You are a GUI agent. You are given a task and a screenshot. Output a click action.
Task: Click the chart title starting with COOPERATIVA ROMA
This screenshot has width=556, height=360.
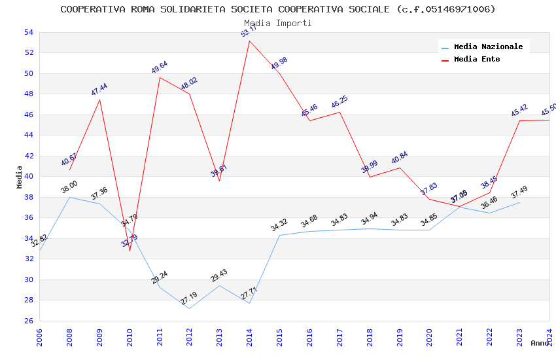[x=278, y=9]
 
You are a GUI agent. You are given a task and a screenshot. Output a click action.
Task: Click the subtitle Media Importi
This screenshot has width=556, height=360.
[x=278, y=23]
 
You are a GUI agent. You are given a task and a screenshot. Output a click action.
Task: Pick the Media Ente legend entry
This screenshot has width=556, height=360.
[x=477, y=59]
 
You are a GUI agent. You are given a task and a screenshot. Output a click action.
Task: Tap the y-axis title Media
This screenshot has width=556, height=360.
[x=20, y=177]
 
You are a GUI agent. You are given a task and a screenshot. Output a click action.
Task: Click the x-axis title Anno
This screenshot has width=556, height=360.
[x=540, y=343]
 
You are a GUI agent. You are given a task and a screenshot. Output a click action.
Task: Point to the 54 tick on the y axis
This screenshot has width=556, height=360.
[x=28, y=32]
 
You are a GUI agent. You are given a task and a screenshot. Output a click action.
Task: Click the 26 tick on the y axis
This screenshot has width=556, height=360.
[x=28, y=321]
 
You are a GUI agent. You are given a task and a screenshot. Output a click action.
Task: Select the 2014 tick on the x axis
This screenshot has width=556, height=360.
[x=250, y=335]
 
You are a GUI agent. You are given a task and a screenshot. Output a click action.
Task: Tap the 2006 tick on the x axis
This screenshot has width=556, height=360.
[x=40, y=335]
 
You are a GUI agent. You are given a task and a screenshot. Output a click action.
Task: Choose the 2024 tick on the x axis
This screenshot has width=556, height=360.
[x=549, y=335]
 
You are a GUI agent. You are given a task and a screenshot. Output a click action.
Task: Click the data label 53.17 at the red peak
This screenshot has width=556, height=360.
[x=249, y=31]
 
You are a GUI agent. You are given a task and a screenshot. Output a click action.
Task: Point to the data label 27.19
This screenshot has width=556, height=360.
[x=189, y=298]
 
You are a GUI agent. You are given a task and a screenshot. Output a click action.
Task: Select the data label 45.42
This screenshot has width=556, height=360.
[x=519, y=111]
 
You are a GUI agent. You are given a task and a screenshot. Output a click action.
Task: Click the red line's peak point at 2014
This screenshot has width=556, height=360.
[x=249, y=41]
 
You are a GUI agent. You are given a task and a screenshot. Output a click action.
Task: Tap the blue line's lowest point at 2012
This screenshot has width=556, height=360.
[x=190, y=308]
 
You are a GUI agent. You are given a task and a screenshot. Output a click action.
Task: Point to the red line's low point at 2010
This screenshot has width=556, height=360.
[x=130, y=251]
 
